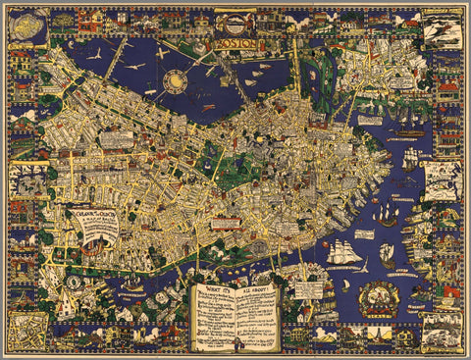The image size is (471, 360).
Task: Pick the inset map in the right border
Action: click(441, 179)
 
